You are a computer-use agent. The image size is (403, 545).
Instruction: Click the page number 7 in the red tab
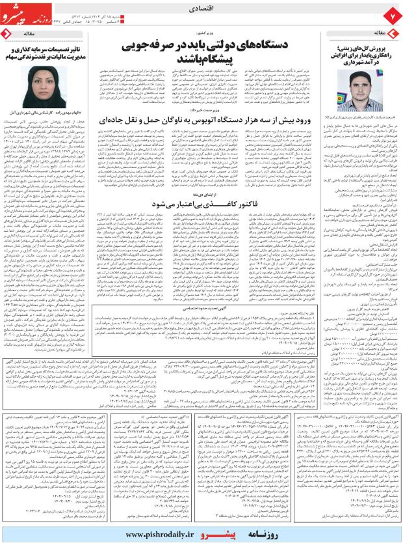coord(392,14)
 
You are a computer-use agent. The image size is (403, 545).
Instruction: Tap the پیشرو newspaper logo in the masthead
coord(25,13)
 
